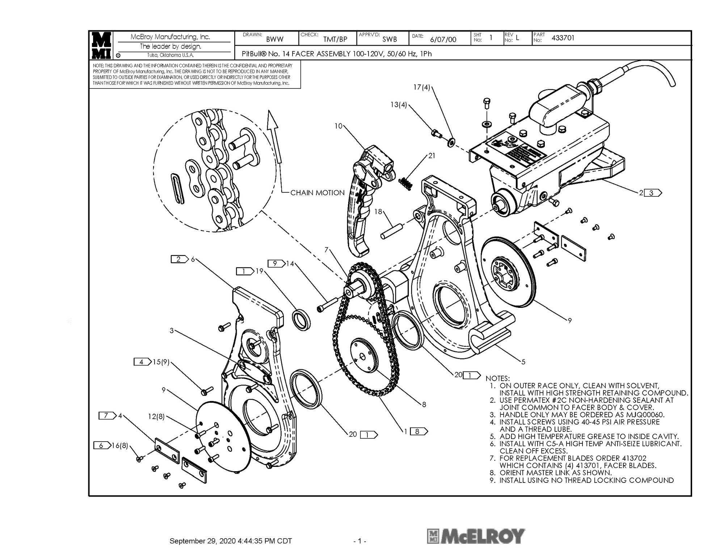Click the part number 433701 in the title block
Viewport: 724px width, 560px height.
pyautogui.click(x=563, y=38)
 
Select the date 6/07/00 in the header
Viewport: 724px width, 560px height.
pyautogui.click(x=443, y=39)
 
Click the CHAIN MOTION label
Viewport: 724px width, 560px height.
pyautogui.click(x=317, y=193)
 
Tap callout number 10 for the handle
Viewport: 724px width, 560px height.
pyautogui.click(x=338, y=126)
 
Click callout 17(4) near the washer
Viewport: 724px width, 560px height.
pyautogui.click(x=422, y=87)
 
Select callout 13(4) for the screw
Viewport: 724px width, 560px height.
pyautogui.click(x=399, y=105)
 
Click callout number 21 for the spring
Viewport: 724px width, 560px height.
pyautogui.click(x=432, y=155)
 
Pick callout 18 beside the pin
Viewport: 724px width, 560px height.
pyautogui.click(x=378, y=212)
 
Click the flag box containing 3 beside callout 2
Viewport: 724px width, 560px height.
pyautogui.click(x=653, y=193)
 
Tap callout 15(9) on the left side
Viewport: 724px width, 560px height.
pyautogui.click(x=161, y=362)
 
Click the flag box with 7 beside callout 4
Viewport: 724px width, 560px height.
pyautogui.click(x=107, y=415)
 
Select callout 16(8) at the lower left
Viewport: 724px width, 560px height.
pyautogui.click(x=119, y=446)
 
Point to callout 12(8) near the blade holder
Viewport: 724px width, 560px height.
pyautogui.click(x=156, y=417)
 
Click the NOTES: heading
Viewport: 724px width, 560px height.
pyautogui.click(x=497, y=378)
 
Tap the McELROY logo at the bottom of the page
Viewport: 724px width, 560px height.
pyautogui.click(x=476, y=536)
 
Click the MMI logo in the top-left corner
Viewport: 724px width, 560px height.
pyautogui.click(x=101, y=45)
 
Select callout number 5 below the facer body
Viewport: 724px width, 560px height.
pyautogui.click(x=523, y=362)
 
